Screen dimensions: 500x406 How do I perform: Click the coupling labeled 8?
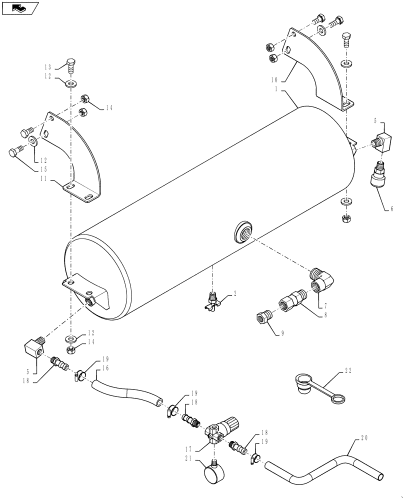coord(263,317)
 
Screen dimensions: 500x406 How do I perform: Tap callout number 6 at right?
coord(391,208)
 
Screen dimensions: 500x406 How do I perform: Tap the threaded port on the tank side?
coord(243,232)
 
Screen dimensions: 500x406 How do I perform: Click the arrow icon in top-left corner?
coord(20,7)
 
